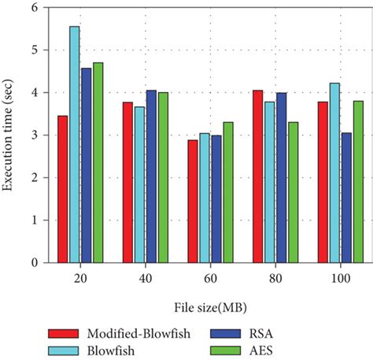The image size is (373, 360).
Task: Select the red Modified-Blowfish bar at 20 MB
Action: pos(63,189)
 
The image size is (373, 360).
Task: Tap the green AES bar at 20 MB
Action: pos(98,162)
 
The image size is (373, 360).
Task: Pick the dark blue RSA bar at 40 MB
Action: pos(151,176)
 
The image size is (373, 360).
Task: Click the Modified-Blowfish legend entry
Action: pos(106,332)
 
